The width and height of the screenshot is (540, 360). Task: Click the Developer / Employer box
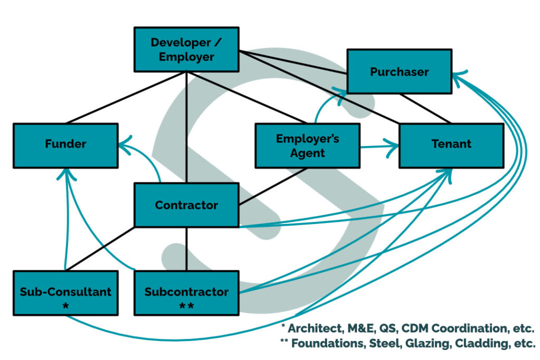pyautogui.click(x=186, y=50)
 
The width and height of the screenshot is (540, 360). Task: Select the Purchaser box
pyautogui.click(x=399, y=72)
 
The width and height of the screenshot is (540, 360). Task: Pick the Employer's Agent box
pyautogui.click(x=307, y=145)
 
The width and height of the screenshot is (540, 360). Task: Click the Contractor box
pyautogui.click(x=186, y=205)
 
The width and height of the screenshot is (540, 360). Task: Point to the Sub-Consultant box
pyautogui.click(x=65, y=293)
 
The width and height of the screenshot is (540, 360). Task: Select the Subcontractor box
pyautogui.click(x=186, y=293)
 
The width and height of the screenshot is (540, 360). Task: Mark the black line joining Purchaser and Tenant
pyautogui.click(x=425, y=109)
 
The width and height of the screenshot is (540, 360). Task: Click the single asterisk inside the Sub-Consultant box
pyautogui.click(x=65, y=305)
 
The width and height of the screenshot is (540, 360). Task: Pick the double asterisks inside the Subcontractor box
pyautogui.click(x=186, y=305)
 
